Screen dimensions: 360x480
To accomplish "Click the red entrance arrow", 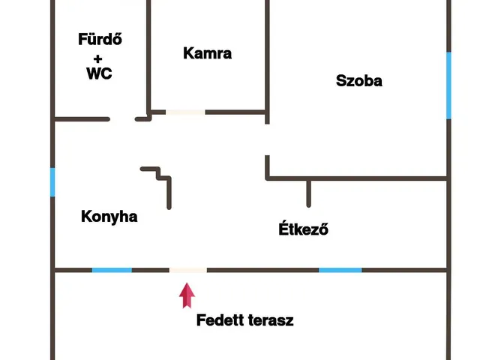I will point(187,295).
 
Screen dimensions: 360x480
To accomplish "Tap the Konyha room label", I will point(109,217).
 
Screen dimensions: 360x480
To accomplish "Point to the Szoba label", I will point(359,81).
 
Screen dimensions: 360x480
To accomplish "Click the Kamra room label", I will point(207,53).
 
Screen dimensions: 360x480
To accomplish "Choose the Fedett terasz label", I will point(244,321).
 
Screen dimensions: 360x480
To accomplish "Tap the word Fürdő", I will point(100,39).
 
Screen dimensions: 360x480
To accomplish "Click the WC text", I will point(99,74).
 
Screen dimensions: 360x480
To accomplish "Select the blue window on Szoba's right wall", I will point(448,85).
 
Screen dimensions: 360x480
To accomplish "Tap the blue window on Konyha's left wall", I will point(52,182).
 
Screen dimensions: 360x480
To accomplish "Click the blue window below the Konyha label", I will point(112,270).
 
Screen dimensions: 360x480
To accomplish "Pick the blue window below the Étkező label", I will point(340,270).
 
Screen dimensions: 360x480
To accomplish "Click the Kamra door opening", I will point(185,112).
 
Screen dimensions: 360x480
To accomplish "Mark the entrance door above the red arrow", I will point(187,270).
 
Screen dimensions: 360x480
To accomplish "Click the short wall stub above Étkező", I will point(307,193).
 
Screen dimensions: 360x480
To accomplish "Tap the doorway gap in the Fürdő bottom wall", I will point(124,118).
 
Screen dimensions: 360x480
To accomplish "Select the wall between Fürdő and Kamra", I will point(148,56).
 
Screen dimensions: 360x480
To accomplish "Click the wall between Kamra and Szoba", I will point(267,56).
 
